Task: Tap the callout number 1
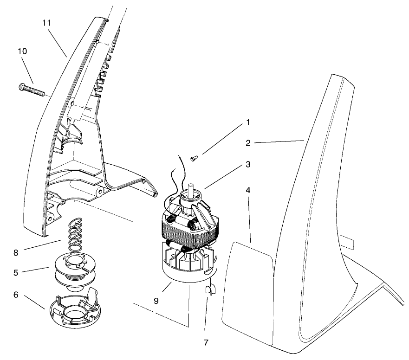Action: [x=248, y=123]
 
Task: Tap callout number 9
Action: [x=156, y=301]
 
